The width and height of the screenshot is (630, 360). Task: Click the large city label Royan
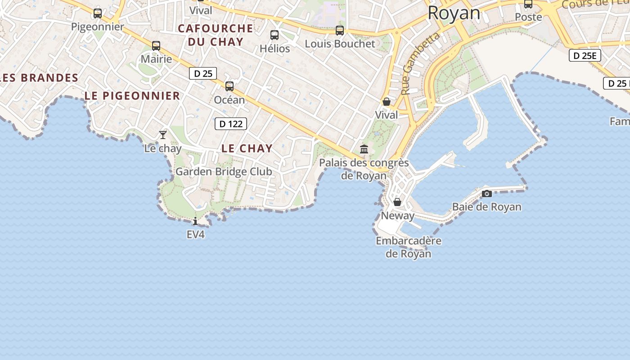click(454, 13)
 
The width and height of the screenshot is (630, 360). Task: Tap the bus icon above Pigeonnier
click(98, 13)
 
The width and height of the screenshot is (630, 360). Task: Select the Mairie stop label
click(156, 59)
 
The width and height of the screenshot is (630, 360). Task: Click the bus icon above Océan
click(229, 86)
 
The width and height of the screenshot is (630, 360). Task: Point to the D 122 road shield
click(231, 124)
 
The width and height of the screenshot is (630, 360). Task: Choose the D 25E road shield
click(585, 56)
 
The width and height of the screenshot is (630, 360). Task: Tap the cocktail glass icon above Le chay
click(163, 135)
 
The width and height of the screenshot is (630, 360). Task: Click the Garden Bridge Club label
click(224, 171)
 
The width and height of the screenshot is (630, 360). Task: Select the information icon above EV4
click(195, 221)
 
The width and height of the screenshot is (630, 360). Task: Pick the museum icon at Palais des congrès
click(364, 149)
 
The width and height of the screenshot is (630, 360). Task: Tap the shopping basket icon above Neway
click(397, 202)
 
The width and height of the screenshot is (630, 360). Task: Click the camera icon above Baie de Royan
click(486, 193)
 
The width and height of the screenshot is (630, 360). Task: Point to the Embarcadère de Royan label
click(409, 247)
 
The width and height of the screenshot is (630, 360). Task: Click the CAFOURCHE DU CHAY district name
click(216, 35)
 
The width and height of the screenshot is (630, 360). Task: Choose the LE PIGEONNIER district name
click(132, 96)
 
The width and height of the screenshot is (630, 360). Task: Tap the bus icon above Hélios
click(274, 35)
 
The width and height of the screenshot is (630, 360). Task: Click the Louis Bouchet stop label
click(340, 44)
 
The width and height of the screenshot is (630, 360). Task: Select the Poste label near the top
click(528, 17)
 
